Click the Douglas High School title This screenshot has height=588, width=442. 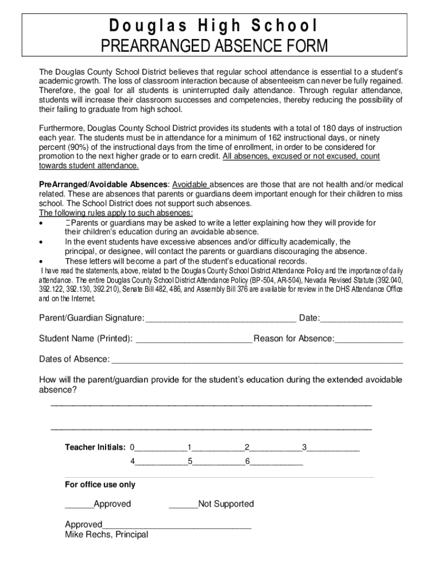(x=214, y=26)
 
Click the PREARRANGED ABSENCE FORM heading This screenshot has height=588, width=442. (x=214, y=46)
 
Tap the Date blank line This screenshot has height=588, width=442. (x=361, y=319)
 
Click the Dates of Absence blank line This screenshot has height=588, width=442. (x=257, y=361)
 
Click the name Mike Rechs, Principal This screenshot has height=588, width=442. (x=106, y=535)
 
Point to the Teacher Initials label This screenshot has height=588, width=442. (x=95, y=447)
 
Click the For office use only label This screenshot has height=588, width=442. (x=100, y=485)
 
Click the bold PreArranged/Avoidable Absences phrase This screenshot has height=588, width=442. (x=103, y=184)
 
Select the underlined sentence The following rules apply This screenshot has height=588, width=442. (x=115, y=213)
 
